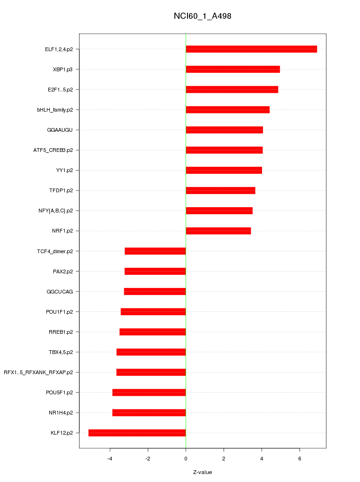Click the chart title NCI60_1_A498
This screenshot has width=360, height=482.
(202, 16)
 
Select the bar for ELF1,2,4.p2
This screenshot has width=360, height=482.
(251, 49)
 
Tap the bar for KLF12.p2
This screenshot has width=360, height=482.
(137, 433)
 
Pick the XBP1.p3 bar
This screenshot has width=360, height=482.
(232, 69)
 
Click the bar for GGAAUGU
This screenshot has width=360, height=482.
(224, 130)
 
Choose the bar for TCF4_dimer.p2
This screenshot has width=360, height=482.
(155, 251)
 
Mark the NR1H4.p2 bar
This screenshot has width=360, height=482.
(149, 413)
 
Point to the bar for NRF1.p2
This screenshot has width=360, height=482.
(218, 231)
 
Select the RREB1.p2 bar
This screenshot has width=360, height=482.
(152, 332)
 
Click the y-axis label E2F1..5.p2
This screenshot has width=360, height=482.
(60, 90)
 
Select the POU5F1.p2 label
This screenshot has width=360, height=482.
(60, 392)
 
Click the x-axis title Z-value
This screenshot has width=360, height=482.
(202, 472)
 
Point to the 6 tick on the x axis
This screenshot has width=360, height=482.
(300, 458)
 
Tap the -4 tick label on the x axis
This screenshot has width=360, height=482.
(109, 458)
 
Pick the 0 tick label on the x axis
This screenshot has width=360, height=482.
(186, 458)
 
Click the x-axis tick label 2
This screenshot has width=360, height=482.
(224, 458)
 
